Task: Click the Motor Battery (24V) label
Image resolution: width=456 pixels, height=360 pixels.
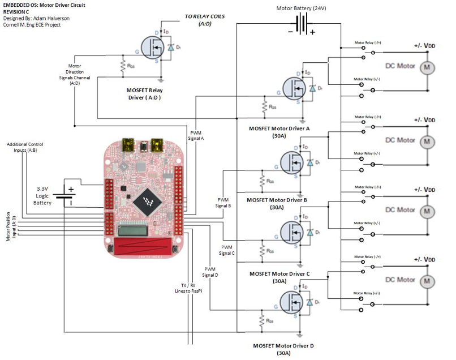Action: coord(301,9)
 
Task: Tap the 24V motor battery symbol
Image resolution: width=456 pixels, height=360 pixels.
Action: coord(302,24)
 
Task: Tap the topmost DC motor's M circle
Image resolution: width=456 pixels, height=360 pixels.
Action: coord(426,67)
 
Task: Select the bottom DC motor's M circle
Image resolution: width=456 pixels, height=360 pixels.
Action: coord(426,281)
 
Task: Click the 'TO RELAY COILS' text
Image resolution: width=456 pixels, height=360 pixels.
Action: coord(204,17)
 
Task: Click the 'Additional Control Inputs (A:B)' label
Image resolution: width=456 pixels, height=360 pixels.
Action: coord(25,148)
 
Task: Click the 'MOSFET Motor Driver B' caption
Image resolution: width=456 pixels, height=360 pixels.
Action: coord(277,200)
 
